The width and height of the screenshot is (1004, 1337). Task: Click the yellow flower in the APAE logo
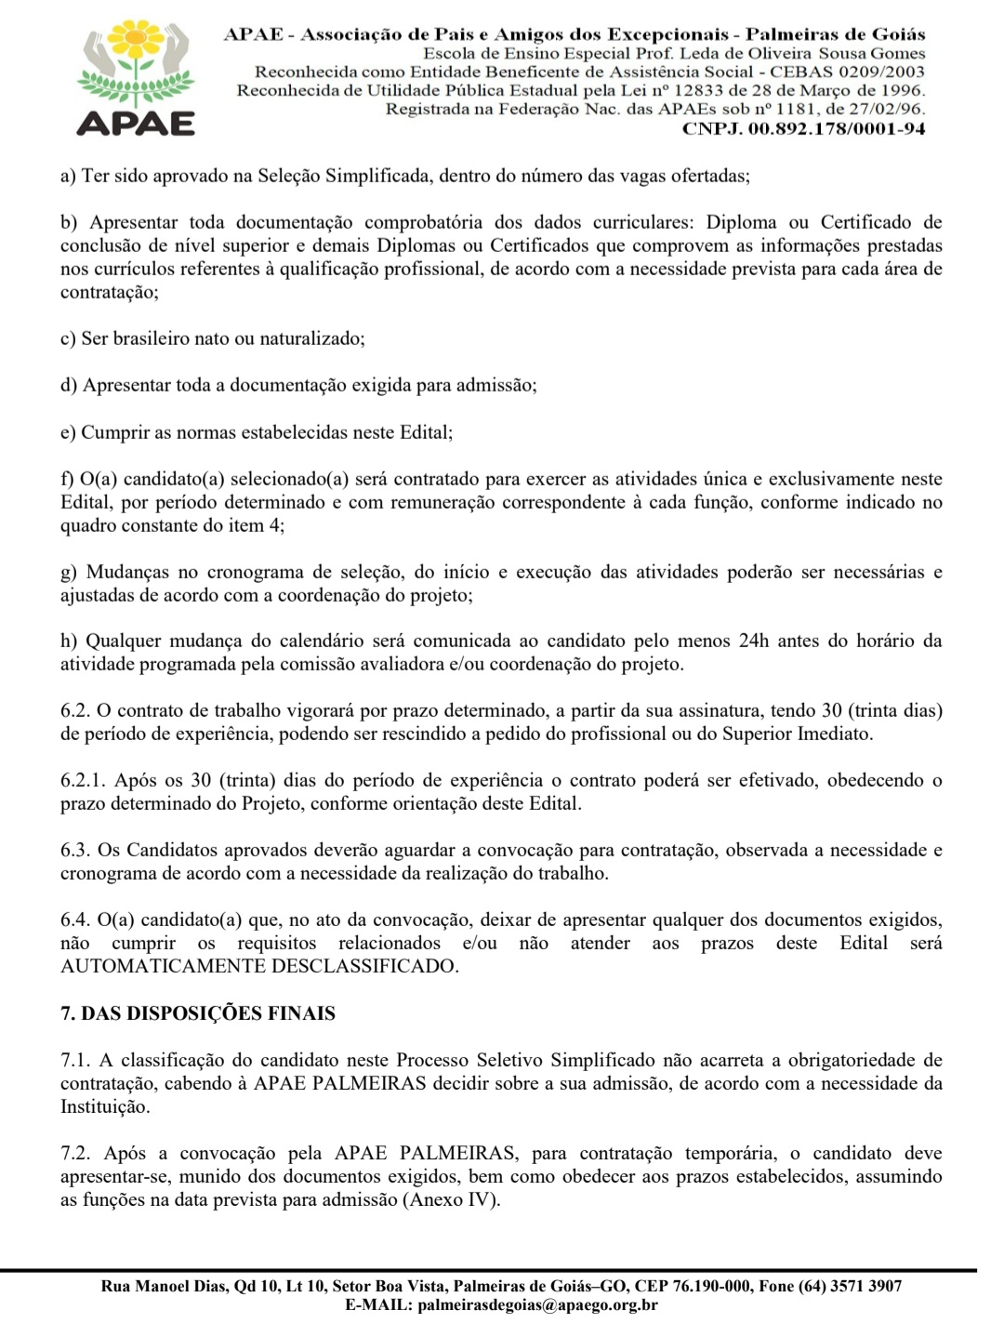point(138,42)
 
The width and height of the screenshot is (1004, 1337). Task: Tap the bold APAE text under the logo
point(137,123)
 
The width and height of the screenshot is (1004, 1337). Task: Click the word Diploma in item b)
point(742,222)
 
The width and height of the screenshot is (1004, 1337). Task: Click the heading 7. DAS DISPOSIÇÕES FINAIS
point(198,1013)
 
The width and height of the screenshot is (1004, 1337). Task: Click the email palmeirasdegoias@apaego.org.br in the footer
point(538,1305)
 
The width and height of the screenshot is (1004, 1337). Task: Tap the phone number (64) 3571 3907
point(849,1287)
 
